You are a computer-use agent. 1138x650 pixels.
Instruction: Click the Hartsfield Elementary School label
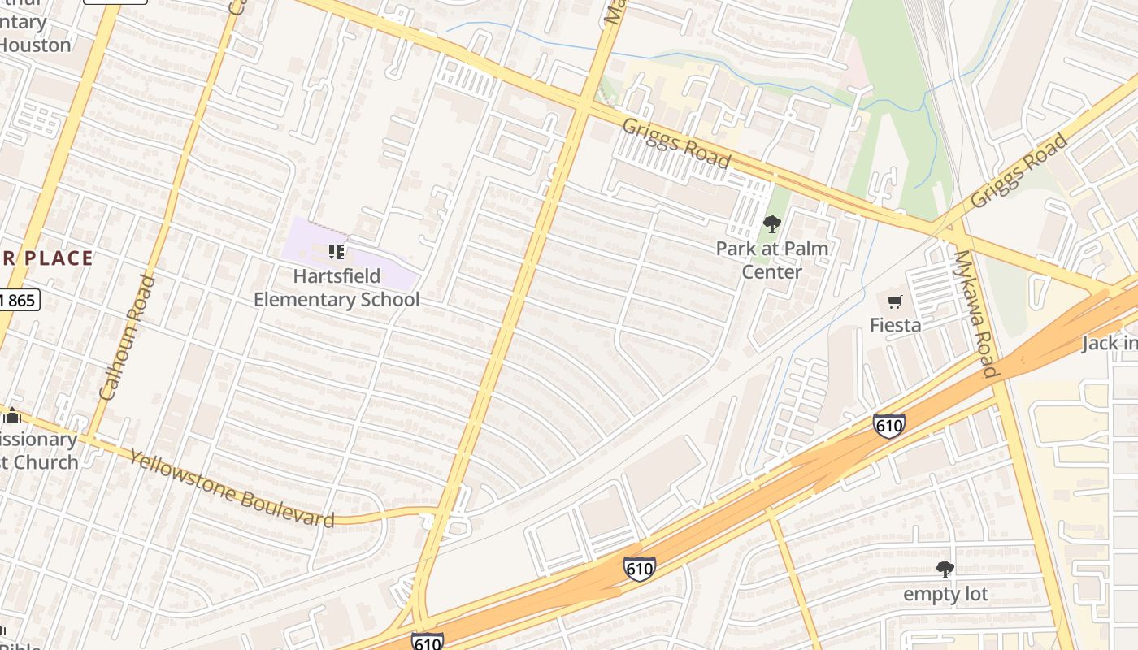pyautogui.click(x=337, y=288)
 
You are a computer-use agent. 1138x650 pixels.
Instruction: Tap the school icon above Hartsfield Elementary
pyautogui.click(x=337, y=252)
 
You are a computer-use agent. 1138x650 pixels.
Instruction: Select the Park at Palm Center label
pyautogui.click(x=771, y=260)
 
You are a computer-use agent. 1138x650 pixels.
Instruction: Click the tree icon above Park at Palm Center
pyautogui.click(x=771, y=223)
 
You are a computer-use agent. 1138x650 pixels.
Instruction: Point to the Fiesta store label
pyautogui.click(x=895, y=325)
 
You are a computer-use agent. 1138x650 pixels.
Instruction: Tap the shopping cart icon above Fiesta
pyautogui.click(x=895, y=302)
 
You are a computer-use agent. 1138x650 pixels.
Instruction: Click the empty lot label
pyautogui.click(x=945, y=594)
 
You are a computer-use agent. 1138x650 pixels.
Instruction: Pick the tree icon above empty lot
pyautogui.click(x=945, y=569)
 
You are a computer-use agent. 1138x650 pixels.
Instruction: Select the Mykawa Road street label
pyautogui.click(x=975, y=314)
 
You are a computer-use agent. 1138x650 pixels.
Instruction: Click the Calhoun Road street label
pyautogui.click(x=128, y=337)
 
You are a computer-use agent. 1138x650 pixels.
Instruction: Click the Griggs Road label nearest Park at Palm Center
pyautogui.click(x=676, y=143)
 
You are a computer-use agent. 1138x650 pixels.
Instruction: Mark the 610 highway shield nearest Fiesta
pyautogui.click(x=889, y=425)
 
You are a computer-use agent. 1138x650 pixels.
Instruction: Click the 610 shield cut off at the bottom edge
pyautogui.click(x=428, y=642)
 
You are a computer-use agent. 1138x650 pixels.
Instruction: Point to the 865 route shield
pyautogui.click(x=18, y=301)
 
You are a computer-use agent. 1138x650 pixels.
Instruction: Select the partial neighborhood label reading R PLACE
pyautogui.click(x=46, y=258)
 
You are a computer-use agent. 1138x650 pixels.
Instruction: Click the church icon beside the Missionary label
pyautogui.click(x=11, y=417)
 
